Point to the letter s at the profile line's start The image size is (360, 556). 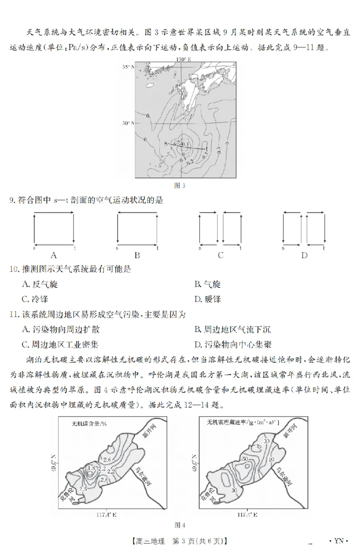(166, 143)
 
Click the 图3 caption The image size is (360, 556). (180, 185)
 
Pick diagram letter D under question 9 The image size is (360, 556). (304, 256)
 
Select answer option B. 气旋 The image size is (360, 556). (207, 284)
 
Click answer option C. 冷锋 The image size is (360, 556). (35, 299)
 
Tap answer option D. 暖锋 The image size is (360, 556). (207, 299)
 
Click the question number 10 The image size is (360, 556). (14, 269)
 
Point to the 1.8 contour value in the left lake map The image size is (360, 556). (91, 469)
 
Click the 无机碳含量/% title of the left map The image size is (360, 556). (89, 423)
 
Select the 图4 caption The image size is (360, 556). (180, 525)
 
